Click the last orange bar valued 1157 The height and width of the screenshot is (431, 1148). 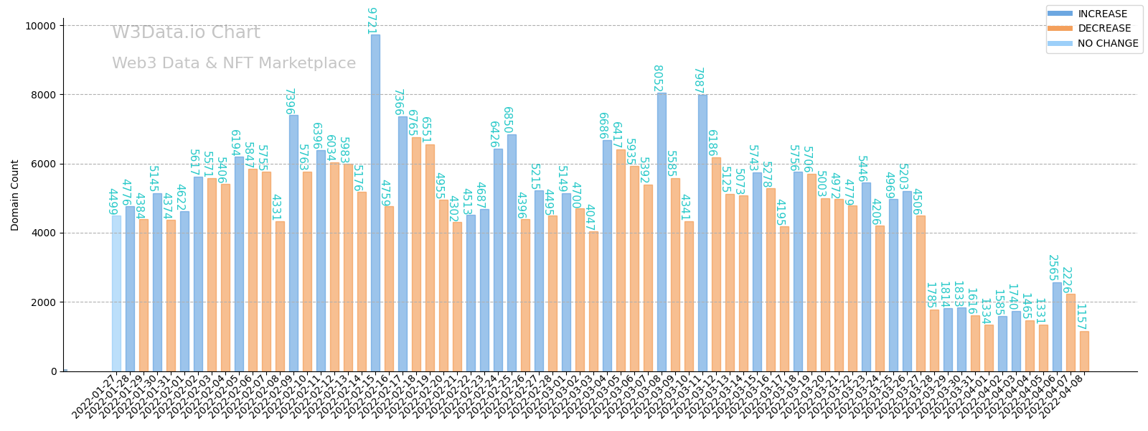click(x=1084, y=351)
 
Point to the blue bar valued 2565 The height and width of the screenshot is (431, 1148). click(x=1057, y=327)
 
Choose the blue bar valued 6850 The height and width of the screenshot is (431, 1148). click(x=512, y=252)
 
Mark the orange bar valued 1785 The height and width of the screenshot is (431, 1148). click(x=934, y=340)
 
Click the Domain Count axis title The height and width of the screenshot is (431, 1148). click(x=15, y=195)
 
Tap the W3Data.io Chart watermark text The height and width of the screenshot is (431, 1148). click(x=186, y=33)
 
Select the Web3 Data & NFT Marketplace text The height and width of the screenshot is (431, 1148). click(x=233, y=63)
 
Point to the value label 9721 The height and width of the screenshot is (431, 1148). click(x=371, y=21)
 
